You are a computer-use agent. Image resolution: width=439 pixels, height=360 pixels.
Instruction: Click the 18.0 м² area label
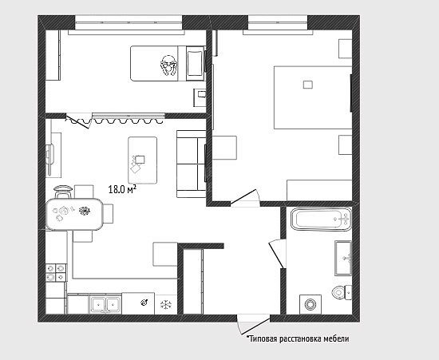click(x=122, y=189)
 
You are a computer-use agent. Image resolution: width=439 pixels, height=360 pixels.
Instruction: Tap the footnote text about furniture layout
click(x=298, y=339)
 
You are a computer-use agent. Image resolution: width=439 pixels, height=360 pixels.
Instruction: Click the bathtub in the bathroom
click(x=321, y=220)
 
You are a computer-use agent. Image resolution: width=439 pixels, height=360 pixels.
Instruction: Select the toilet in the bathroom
click(x=342, y=292)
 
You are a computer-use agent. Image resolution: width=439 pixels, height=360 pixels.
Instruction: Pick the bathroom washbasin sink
click(x=343, y=258)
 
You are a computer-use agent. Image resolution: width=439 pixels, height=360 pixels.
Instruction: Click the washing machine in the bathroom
click(x=310, y=304)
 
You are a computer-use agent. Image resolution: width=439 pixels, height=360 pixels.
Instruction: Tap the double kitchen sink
click(x=105, y=304)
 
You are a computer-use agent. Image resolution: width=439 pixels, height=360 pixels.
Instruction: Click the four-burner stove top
click(x=56, y=273)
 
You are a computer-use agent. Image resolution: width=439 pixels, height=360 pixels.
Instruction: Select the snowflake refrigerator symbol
click(x=166, y=304)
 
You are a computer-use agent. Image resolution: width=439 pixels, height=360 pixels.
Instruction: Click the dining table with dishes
click(x=74, y=214)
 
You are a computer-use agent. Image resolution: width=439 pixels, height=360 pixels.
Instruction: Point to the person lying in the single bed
click(x=169, y=66)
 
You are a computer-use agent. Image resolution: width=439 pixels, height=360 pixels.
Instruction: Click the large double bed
click(x=312, y=97)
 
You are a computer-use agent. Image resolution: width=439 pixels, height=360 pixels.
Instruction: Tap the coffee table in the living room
click(x=143, y=160)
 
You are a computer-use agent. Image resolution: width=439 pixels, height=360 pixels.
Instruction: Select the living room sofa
click(x=192, y=164)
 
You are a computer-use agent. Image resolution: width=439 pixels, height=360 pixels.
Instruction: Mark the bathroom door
click(x=277, y=254)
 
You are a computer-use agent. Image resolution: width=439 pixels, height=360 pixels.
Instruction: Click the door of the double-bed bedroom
click(x=245, y=198)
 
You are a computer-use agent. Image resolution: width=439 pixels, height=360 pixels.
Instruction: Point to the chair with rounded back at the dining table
click(x=63, y=192)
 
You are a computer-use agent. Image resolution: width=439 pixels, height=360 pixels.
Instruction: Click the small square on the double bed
click(x=308, y=85)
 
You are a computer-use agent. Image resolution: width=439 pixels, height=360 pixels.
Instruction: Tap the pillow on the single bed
click(x=195, y=64)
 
